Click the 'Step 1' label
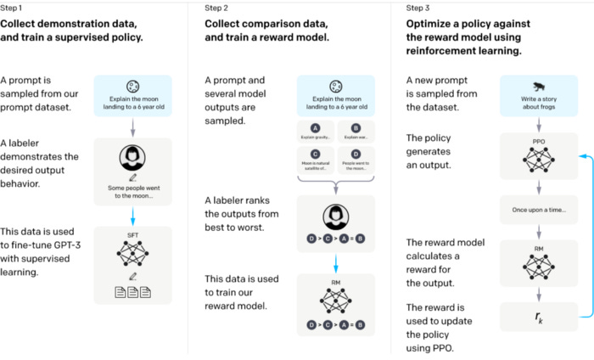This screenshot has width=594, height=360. [x=14, y=8]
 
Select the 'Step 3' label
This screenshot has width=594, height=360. [x=422, y=8]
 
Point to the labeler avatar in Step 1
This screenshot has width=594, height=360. [x=133, y=159]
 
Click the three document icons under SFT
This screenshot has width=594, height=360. [x=133, y=292]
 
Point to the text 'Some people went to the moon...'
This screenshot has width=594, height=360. [x=133, y=191]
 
